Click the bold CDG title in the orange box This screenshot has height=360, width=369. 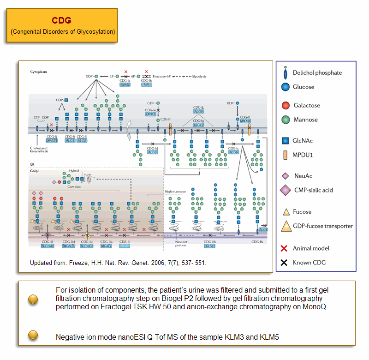pyautogui.click(x=61, y=21)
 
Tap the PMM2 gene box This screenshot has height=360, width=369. pyautogui.click(x=125, y=85)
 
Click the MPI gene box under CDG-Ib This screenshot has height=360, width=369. pyautogui.click(x=147, y=85)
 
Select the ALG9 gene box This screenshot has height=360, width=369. pyautogui.click(x=199, y=112)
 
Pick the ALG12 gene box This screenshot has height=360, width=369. pyautogui.click(x=199, y=125)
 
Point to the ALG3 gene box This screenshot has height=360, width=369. pyautogui.click(x=153, y=152)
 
